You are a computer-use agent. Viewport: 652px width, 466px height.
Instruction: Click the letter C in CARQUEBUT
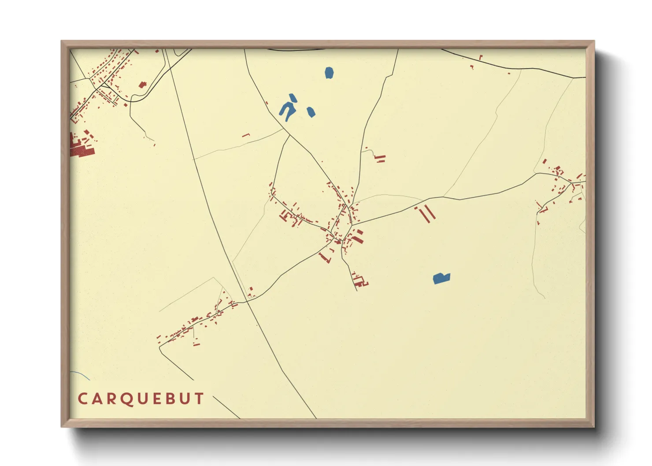pos(82,399)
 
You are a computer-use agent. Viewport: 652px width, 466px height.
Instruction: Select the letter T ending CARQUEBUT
pos(199,399)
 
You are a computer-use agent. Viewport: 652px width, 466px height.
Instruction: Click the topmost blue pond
pos(329,73)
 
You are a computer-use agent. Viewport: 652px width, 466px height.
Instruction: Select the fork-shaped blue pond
pos(288,108)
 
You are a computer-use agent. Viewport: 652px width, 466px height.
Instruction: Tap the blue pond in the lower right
pos(441,278)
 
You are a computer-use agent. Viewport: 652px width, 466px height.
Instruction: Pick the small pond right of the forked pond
pos(311,112)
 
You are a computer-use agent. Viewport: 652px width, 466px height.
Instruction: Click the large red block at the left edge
pos(82,152)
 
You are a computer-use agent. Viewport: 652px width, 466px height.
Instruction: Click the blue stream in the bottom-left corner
pos(81,375)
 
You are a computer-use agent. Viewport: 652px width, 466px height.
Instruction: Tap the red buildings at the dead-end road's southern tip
pos(361,281)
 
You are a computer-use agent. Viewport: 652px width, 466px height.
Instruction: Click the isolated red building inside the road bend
pos(142,85)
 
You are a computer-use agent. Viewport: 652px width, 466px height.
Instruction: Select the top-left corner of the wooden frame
pos(62,41)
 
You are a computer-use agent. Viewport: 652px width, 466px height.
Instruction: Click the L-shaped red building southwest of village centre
pos(325,258)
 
